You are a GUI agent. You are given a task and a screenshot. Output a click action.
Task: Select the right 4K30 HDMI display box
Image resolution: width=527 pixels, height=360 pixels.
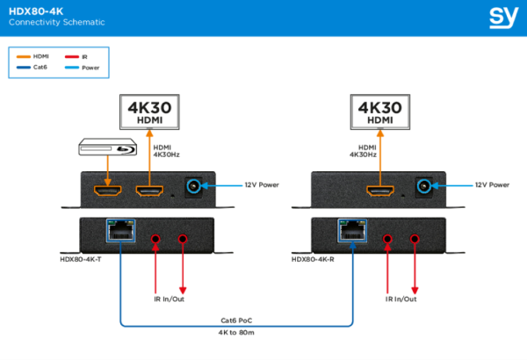379,113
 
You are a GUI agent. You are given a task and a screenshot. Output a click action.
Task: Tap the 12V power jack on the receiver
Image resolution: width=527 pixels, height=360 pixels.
425,186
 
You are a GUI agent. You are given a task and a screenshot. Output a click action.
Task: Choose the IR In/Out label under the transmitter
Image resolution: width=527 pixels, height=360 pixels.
169,299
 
